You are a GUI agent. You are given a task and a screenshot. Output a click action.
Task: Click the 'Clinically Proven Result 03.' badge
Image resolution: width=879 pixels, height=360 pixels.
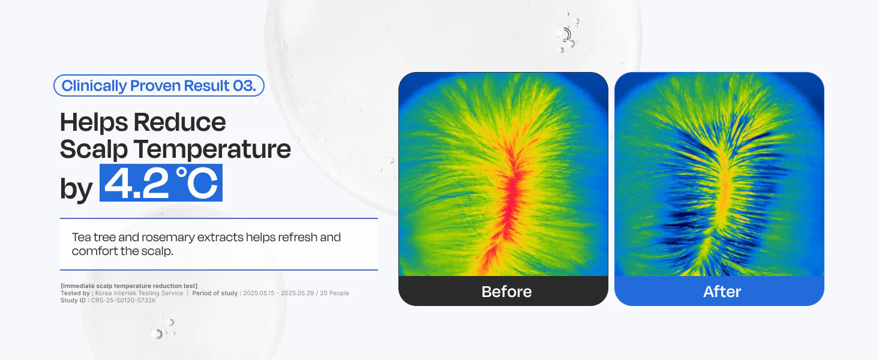[x=159, y=86]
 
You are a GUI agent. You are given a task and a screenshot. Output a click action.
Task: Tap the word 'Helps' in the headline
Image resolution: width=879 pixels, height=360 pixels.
[x=94, y=122]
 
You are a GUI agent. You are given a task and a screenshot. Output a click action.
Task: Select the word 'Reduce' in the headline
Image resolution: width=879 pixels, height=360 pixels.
[x=180, y=122]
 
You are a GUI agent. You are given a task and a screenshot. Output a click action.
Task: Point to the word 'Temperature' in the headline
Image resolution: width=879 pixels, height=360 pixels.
[x=212, y=149]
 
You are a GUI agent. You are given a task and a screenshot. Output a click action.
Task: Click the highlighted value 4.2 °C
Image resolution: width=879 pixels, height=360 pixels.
[x=161, y=182]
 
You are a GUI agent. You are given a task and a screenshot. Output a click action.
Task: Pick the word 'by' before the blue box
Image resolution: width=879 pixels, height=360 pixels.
[x=76, y=189]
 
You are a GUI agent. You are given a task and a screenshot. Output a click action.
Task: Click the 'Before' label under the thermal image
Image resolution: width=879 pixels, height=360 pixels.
[x=506, y=292]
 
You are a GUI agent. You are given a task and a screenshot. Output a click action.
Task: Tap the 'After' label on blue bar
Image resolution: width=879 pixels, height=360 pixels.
[x=722, y=292]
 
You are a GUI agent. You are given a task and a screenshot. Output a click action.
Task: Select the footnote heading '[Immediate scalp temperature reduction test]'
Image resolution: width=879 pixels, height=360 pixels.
[x=129, y=286]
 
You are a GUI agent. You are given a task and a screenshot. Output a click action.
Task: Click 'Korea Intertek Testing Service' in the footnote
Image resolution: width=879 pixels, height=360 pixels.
[x=139, y=293]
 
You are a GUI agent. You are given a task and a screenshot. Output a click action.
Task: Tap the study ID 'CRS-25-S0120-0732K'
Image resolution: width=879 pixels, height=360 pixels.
[x=124, y=301]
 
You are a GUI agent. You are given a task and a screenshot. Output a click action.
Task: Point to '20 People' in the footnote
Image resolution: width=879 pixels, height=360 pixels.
[x=334, y=293]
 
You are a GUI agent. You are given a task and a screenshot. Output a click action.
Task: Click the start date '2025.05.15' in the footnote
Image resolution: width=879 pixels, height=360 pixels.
[x=259, y=293]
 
